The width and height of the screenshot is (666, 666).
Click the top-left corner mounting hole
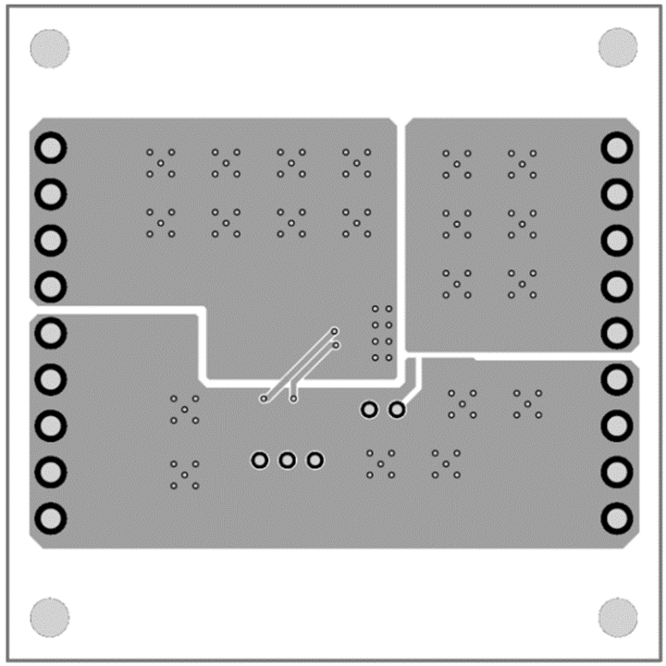(x=50, y=48)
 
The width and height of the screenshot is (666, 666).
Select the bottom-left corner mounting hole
(x=50, y=617)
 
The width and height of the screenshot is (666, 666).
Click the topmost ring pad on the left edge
(x=51, y=148)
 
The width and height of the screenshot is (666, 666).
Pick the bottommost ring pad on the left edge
(x=51, y=516)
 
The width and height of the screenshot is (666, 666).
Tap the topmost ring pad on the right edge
(x=616, y=148)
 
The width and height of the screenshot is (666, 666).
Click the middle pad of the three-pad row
(x=288, y=460)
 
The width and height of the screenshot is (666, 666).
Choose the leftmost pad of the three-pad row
(x=260, y=460)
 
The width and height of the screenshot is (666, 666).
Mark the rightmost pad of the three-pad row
(x=315, y=460)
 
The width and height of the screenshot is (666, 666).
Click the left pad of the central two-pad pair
(x=369, y=409)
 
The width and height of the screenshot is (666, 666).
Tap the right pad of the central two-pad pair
(x=397, y=409)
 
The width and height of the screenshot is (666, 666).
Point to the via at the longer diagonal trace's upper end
(x=335, y=330)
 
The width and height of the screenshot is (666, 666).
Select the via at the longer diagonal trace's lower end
(x=264, y=400)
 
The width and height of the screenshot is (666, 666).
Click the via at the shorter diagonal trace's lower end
(x=293, y=399)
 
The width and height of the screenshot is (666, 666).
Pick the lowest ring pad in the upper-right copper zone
(x=616, y=333)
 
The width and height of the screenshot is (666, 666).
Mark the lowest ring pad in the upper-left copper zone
(x=51, y=286)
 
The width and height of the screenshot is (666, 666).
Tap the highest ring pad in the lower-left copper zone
(x=51, y=331)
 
